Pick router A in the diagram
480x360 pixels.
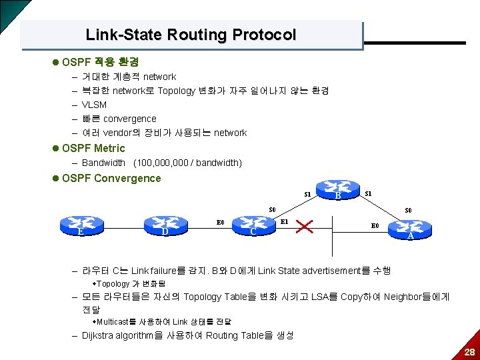pos(411,230)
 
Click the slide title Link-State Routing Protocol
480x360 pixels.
pos(191,35)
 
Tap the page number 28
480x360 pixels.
pos(469,351)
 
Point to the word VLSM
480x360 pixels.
pos(94,105)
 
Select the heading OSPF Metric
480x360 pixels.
pos(93,148)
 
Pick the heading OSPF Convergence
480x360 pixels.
pos(111,178)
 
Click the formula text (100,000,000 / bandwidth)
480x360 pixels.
pos(187,163)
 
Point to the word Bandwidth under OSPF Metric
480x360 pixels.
pos(103,163)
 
